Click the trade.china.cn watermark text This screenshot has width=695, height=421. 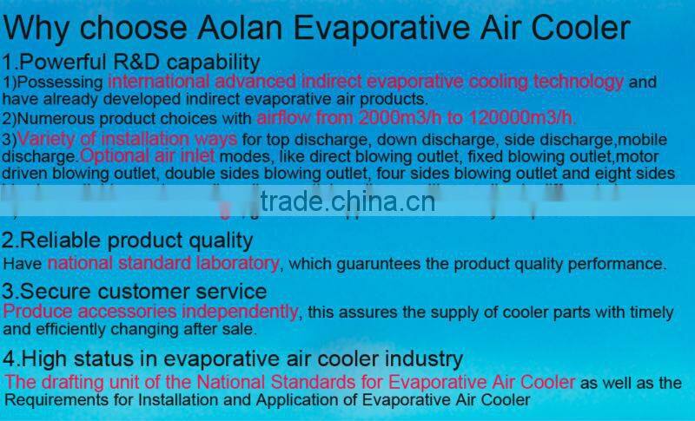(347, 203)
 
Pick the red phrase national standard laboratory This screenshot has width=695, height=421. (163, 262)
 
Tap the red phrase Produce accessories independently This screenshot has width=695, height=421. (151, 311)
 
